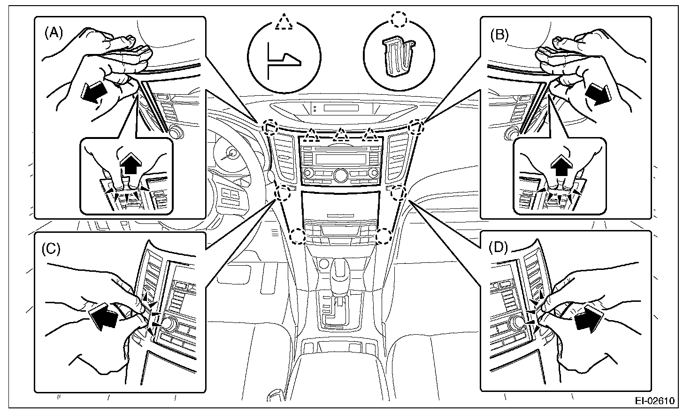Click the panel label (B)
(499, 35)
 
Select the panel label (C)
(51, 248)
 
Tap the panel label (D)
(498, 247)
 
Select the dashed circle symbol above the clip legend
(400, 19)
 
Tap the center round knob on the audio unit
(340, 175)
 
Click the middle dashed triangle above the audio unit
(340, 135)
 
